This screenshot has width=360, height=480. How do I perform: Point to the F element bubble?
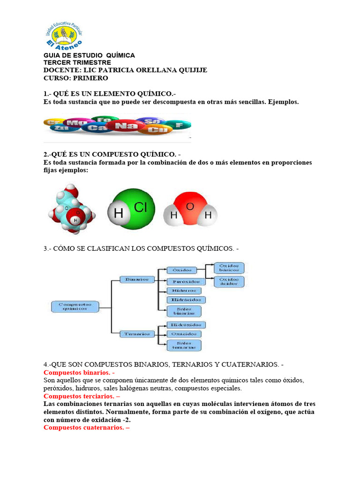click(180, 125)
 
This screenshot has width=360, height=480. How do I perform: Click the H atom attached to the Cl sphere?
click(119, 214)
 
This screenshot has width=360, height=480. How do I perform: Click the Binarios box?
click(137, 279)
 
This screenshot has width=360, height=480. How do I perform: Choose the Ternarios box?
click(137, 334)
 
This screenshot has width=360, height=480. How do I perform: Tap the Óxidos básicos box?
click(229, 268)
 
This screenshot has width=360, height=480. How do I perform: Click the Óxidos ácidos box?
click(229, 282)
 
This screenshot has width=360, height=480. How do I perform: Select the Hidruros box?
click(184, 291)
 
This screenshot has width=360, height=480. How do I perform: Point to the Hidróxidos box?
click(186, 324)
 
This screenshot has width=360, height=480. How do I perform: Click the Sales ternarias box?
click(184, 345)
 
